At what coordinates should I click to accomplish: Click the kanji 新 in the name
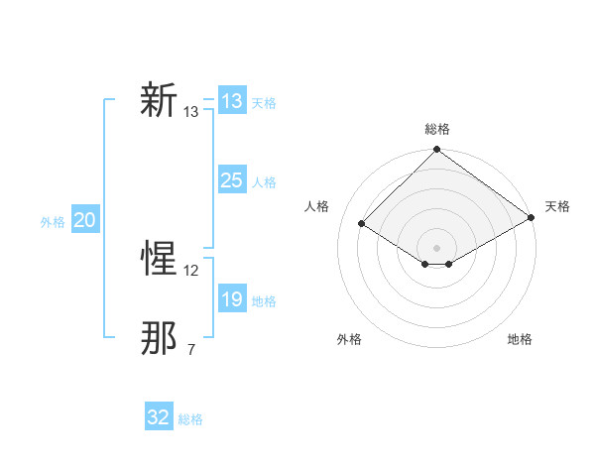tap(159, 101)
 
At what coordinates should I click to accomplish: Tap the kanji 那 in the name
tap(159, 339)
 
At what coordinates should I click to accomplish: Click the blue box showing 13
tap(231, 101)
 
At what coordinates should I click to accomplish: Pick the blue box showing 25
tap(231, 180)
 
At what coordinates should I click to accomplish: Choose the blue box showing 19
tap(231, 299)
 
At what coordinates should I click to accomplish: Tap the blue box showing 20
tap(84, 220)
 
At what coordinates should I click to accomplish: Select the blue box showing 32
tap(159, 417)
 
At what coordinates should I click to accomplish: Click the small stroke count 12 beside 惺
tap(191, 270)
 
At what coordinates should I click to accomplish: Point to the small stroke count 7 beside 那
tap(191, 349)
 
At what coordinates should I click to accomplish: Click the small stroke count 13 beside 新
tap(191, 112)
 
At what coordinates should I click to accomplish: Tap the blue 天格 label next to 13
tap(264, 102)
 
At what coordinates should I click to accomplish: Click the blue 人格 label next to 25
tap(264, 182)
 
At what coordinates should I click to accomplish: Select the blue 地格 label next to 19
tap(264, 301)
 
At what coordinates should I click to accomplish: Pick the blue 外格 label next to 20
tap(53, 222)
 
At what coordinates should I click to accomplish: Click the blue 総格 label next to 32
tap(190, 419)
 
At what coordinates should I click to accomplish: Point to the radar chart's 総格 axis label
tap(437, 129)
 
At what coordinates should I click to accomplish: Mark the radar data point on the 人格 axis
tap(362, 224)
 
